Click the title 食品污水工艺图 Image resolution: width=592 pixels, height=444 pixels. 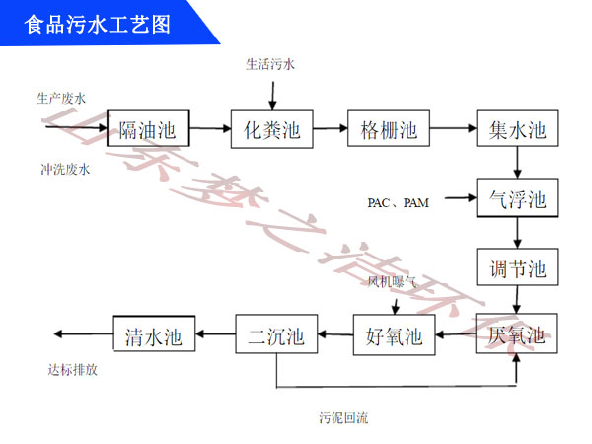click(x=99, y=23)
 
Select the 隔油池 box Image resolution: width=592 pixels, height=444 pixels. click(x=147, y=129)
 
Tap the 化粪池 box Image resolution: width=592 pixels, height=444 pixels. click(x=271, y=129)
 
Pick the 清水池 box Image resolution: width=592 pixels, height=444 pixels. click(x=153, y=335)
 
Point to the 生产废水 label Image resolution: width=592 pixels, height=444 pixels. click(x=61, y=97)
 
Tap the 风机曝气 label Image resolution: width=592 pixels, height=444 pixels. click(x=393, y=282)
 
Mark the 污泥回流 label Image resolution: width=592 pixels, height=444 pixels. click(x=343, y=417)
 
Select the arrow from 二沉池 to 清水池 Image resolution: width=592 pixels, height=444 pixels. click(x=214, y=335)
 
